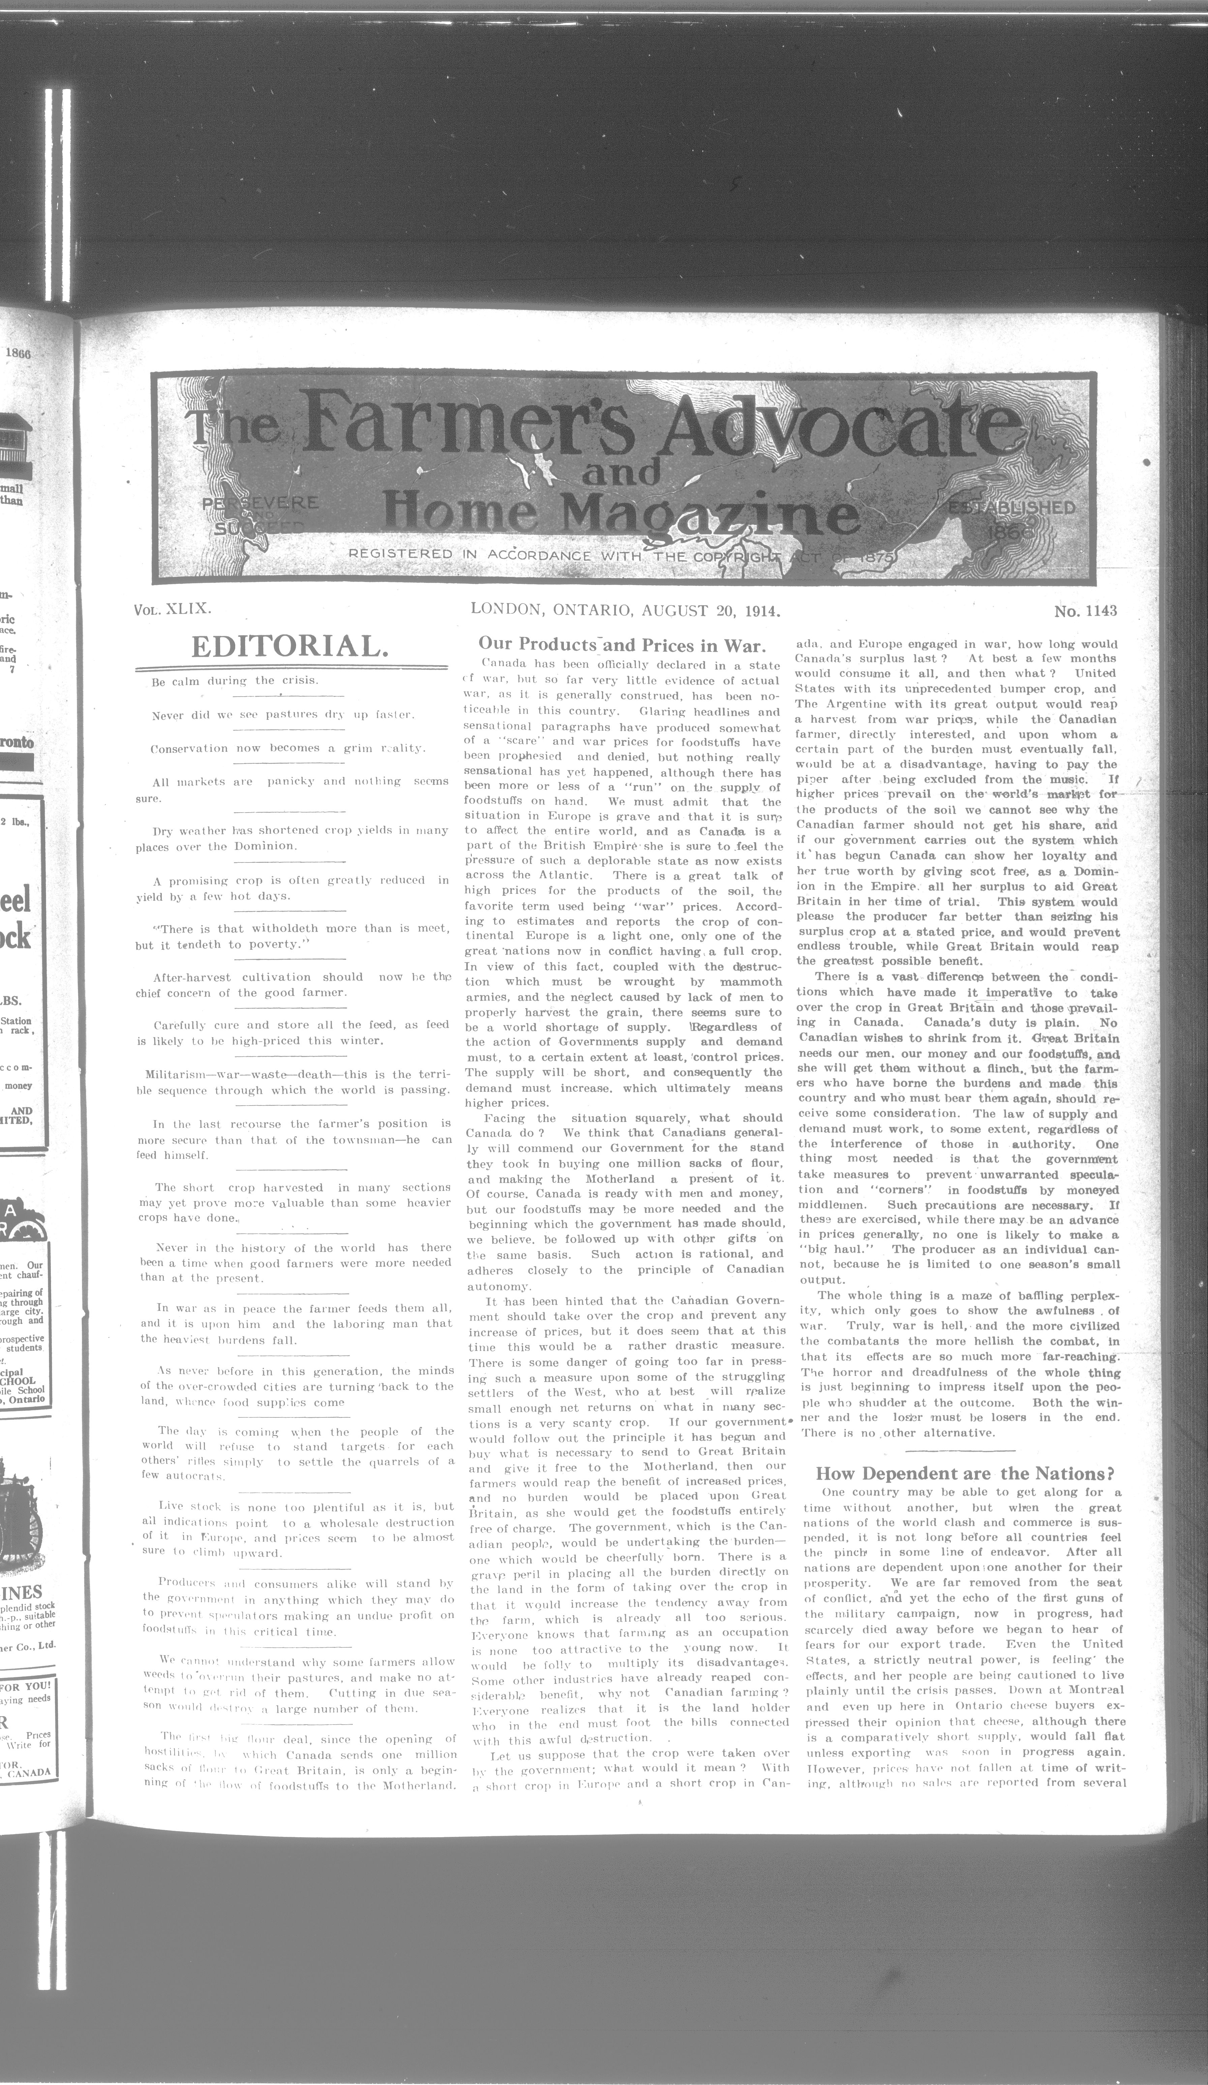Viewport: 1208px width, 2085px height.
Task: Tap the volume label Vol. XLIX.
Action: tap(173, 610)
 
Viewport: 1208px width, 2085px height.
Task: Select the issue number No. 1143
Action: tap(1086, 611)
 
